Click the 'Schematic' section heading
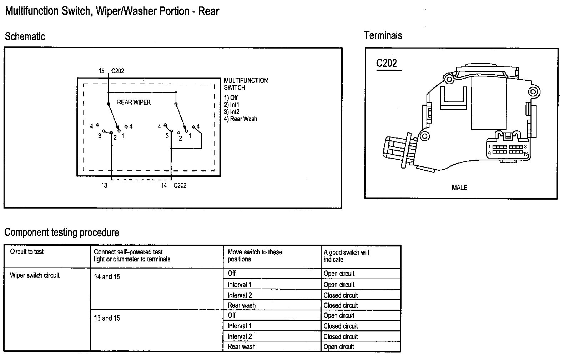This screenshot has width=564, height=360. tap(25, 36)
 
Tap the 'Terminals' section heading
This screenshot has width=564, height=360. tap(383, 35)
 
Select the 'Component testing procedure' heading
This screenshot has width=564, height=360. tap(62, 232)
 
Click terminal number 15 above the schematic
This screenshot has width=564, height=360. tap(101, 71)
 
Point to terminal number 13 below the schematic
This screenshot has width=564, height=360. tap(104, 186)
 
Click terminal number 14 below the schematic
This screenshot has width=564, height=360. tap(164, 186)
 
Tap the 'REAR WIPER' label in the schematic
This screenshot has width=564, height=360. tap(134, 102)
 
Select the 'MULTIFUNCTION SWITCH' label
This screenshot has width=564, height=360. tap(246, 84)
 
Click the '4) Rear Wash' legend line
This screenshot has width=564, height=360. tap(241, 119)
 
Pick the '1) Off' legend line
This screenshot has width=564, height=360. tap(231, 97)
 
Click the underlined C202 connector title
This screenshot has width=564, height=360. tap(387, 63)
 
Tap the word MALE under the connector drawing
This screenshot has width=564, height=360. tap(459, 188)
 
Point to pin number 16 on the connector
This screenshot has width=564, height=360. tap(525, 154)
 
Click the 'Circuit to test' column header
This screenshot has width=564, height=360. tap(27, 252)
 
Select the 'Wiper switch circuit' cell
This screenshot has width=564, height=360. tap(35, 275)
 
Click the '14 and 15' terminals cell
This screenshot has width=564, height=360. tap(107, 277)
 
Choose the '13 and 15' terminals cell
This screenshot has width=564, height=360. tap(107, 318)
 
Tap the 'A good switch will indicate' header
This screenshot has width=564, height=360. tap(346, 256)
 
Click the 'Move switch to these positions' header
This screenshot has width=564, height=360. tap(255, 256)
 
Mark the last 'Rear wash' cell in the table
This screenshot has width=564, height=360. tap(241, 347)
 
